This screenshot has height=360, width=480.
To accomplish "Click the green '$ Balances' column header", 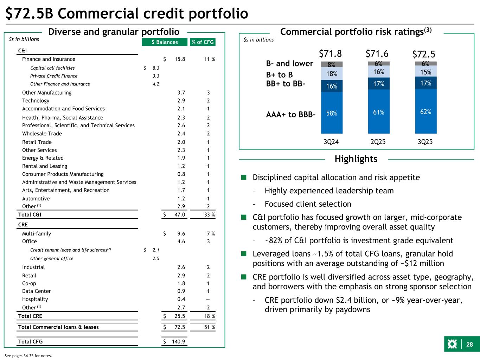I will (x=165, y=42).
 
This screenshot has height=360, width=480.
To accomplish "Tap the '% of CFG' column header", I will (x=203, y=42).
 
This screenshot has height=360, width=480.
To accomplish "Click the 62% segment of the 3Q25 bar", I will (x=425, y=111).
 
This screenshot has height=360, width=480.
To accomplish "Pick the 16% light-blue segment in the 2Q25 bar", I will (x=378, y=72).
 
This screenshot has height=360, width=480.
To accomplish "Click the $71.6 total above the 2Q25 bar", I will (x=377, y=54).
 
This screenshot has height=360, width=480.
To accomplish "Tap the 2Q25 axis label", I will (x=378, y=142).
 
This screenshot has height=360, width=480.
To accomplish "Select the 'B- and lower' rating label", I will (x=289, y=64).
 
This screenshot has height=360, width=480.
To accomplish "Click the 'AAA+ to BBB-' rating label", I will (x=291, y=114).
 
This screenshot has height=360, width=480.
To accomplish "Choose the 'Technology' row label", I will (x=36, y=101).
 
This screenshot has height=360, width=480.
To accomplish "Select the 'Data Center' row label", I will (x=37, y=291).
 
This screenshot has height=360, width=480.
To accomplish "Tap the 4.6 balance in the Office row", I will (x=181, y=242).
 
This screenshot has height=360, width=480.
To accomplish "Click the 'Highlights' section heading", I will (x=356, y=159).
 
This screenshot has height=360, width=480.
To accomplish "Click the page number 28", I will (x=469, y=345).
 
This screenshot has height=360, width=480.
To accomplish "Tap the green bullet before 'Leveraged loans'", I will (x=243, y=254).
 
